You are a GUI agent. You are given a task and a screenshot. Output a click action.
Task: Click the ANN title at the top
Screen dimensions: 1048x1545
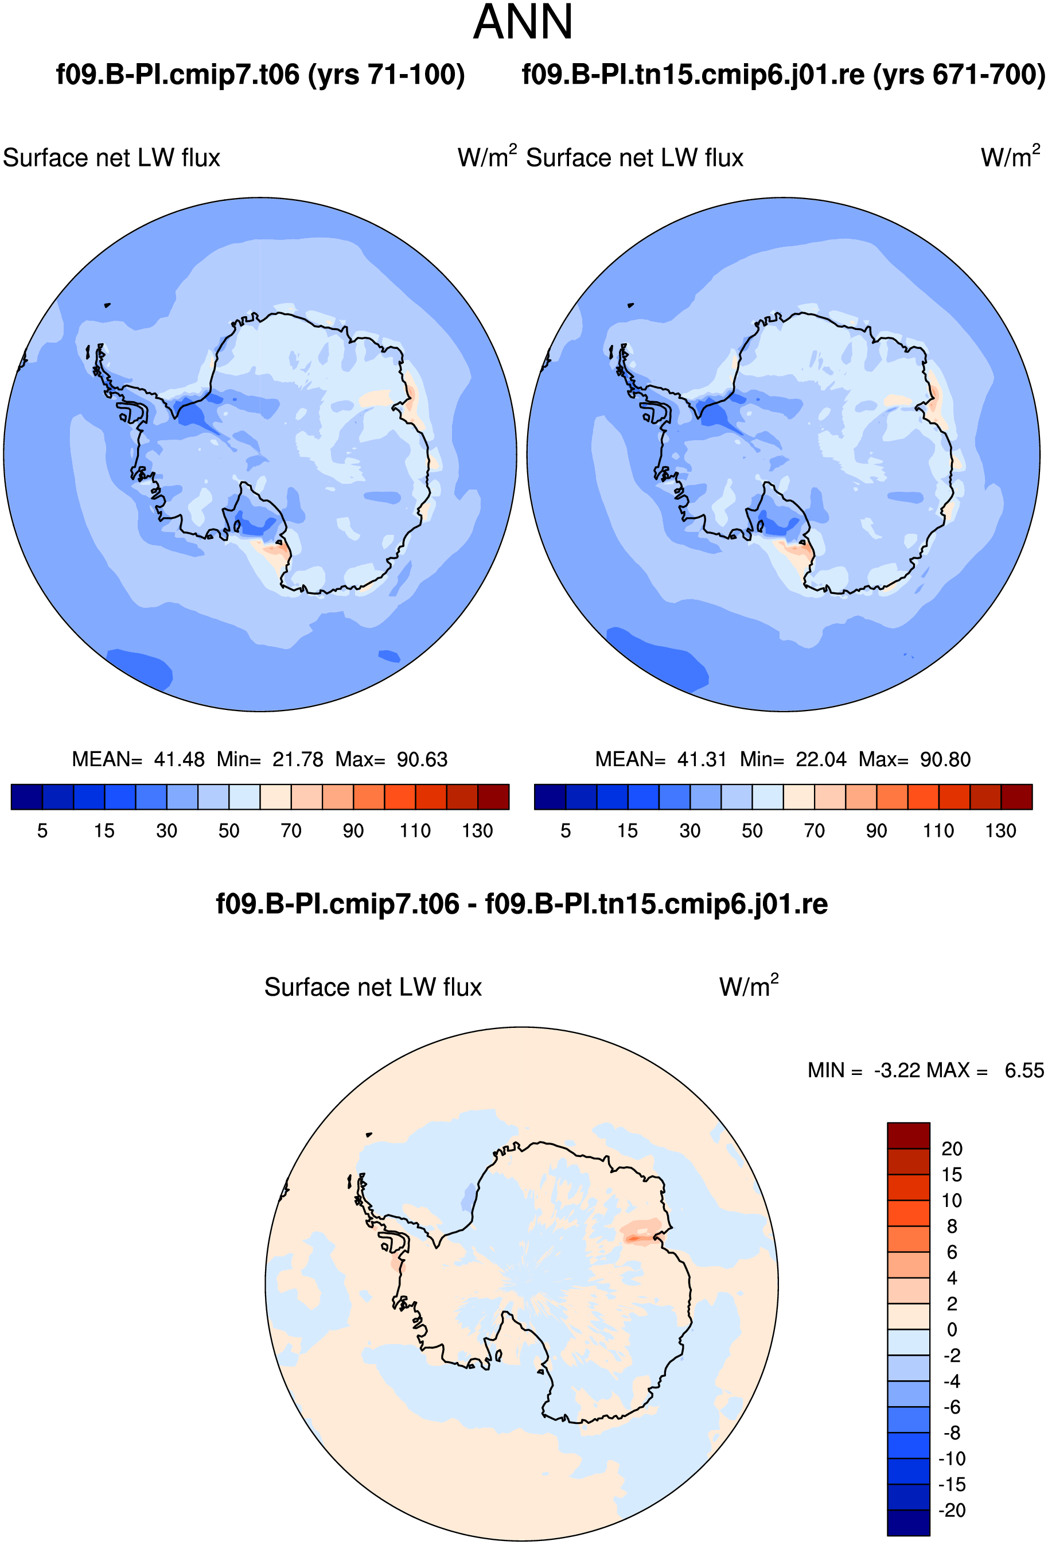pos(523,22)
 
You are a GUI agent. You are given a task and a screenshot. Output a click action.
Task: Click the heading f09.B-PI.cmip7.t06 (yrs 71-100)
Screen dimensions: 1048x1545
pos(260,75)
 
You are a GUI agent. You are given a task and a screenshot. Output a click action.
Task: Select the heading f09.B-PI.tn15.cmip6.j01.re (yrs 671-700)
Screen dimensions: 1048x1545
pos(784,75)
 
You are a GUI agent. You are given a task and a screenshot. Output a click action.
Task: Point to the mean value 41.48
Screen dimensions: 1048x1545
pos(179,759)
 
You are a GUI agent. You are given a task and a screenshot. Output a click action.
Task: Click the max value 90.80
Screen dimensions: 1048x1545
pos(945,759)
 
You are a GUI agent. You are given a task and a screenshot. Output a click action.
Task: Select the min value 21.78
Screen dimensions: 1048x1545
pos(298,759)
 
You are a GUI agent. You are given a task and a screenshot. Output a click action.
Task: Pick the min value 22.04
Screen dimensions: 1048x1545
pos(821,759)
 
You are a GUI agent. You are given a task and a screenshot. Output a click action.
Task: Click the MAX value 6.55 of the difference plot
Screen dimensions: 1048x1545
pos(1024,1070)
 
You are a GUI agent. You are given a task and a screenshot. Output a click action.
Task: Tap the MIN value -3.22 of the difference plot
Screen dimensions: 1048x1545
pos(897,1070)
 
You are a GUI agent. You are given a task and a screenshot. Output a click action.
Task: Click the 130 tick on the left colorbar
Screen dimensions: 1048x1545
pos(477,831)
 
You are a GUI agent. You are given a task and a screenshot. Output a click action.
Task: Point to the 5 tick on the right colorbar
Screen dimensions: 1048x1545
pos(566,831)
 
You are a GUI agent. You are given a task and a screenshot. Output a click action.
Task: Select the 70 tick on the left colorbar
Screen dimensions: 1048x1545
pos(290,831)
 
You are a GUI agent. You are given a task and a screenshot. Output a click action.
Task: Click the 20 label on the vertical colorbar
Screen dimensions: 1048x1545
pos(952,1149)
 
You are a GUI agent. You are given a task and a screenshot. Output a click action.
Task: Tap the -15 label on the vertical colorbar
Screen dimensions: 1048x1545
pos(952,1485)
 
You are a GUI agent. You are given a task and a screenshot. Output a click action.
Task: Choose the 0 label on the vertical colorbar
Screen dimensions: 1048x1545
pos(952,1330)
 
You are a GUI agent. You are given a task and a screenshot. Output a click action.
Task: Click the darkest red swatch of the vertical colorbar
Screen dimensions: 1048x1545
pos(909,1135)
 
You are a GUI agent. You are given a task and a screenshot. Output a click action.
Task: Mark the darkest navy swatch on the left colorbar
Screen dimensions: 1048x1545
pos(26,797)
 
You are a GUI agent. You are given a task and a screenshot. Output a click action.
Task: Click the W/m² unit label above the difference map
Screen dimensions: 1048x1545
pos(749,985)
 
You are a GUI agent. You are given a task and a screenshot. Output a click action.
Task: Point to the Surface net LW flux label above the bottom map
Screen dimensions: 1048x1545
pos(373,987)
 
